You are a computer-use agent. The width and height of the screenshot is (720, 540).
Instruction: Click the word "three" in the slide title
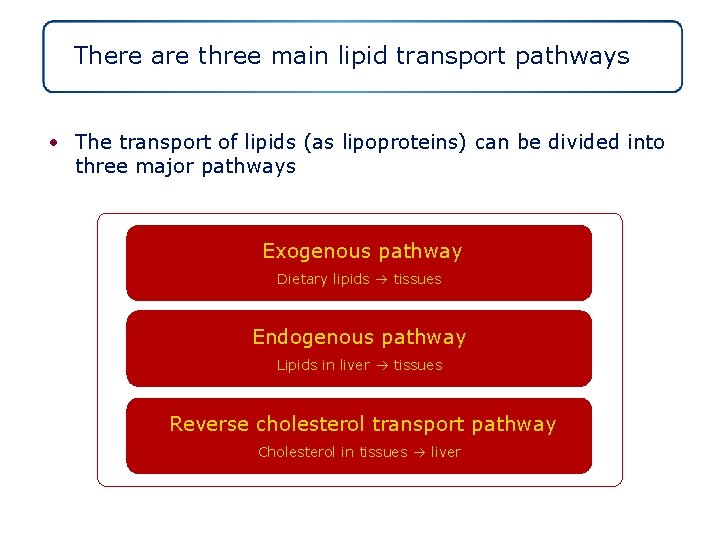[x=229, y=55]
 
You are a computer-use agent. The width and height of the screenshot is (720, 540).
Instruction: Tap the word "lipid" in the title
[x=366, y=55]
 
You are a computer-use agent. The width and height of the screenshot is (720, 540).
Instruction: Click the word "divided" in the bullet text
[x=582, y=142]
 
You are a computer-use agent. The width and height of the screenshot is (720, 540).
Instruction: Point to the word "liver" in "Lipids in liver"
[x=354, y=365]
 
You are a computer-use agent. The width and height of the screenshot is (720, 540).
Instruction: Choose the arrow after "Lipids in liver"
[x=382, y=366]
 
